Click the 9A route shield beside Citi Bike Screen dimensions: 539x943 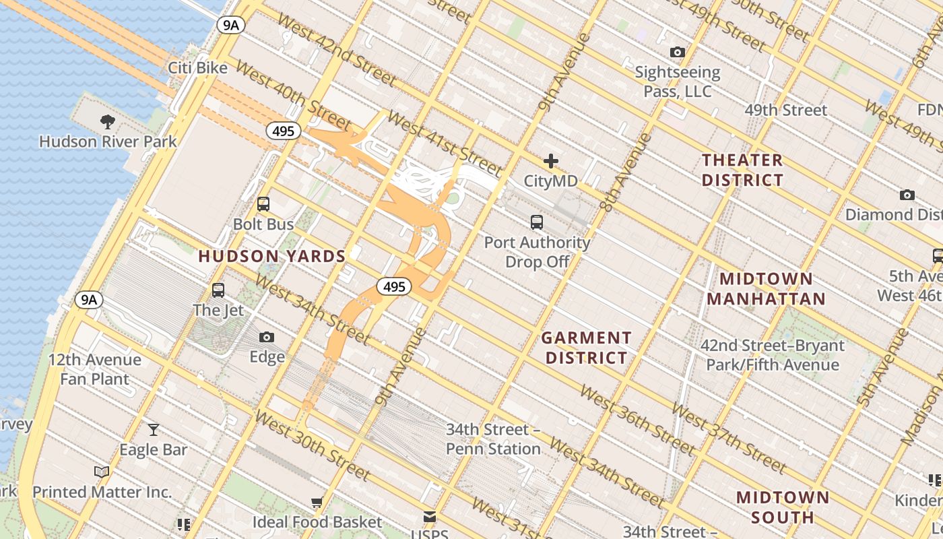click(x=230, y=26)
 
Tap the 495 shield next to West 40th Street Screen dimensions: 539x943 click(x=283, y=131)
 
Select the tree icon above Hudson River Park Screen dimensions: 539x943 click(x=107, y=122)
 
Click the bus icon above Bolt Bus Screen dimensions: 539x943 click(x=263, y=204)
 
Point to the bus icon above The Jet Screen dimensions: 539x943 click(x=218, y=290)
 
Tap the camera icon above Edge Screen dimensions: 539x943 click(x=267, y=337)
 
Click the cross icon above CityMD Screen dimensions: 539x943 click(x=551, y=161)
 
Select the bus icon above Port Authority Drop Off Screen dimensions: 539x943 click(x=537, y=222)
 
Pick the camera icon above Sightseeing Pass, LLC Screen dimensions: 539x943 click(x=677, y=52)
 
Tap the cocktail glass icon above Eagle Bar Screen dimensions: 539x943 click(x=154, y=429)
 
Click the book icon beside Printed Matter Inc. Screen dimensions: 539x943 click(x=102, y=472)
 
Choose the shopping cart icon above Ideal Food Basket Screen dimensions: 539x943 click(x=317, y=502)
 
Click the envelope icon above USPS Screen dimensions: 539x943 click(x=429, y=517)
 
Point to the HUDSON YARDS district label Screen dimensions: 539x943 click(x=271, y=256)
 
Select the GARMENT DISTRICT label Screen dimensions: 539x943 click(x=586, y=348)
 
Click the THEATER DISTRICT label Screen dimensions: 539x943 click(x=742, y=170)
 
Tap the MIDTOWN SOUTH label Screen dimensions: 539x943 click(x=782, y=507)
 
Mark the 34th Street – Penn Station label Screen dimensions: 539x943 click(x=493, y=439)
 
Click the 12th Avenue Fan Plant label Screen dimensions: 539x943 click(x=94, y=369)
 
